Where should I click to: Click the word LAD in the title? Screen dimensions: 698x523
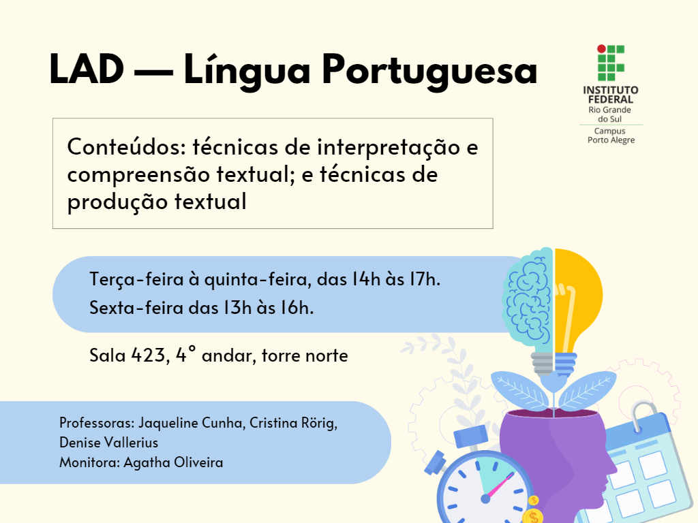pyautogui.click(x=87, y=69)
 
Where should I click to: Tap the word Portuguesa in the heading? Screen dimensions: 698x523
pyautogui.click(x=429, y=71)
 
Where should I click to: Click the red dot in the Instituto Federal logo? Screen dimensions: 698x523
pyautogui.click(x=601, y=49)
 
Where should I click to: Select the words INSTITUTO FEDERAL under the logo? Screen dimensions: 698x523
pyautogui.click(x=611, y=95)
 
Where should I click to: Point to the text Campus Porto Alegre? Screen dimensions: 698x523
pyautogui.click(x=611, y=136)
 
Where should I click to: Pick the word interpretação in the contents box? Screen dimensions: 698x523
pyautogui.click(x=389, y=148)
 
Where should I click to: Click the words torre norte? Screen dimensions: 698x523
pyautogui.click(x=305, y=355)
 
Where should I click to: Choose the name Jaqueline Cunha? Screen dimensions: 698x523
pyautogui.click(x=192, y=422)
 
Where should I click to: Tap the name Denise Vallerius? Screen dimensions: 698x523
pyautogui.click(x=108, y=443)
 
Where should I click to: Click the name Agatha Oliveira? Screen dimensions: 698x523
pyautogui.click(x=173, y=462)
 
